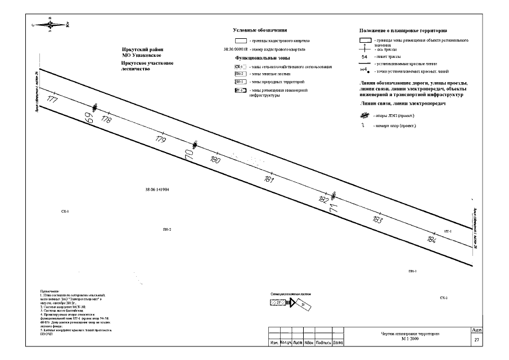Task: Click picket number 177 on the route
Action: tap(53, 100)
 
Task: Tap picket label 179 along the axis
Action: tap(160, 139)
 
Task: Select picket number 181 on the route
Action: tap(269, 180)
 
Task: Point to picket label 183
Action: tap(377, 220)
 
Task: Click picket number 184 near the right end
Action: tap(431, 240)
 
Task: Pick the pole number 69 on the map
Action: tap(88, 118)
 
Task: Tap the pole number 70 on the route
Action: tap(188, 154)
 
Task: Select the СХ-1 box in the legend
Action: tap(240, 66)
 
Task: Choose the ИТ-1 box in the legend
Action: tap(240, 90)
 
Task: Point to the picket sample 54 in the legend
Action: tap(364, 57)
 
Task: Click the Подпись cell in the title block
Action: tap(322, 342)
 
